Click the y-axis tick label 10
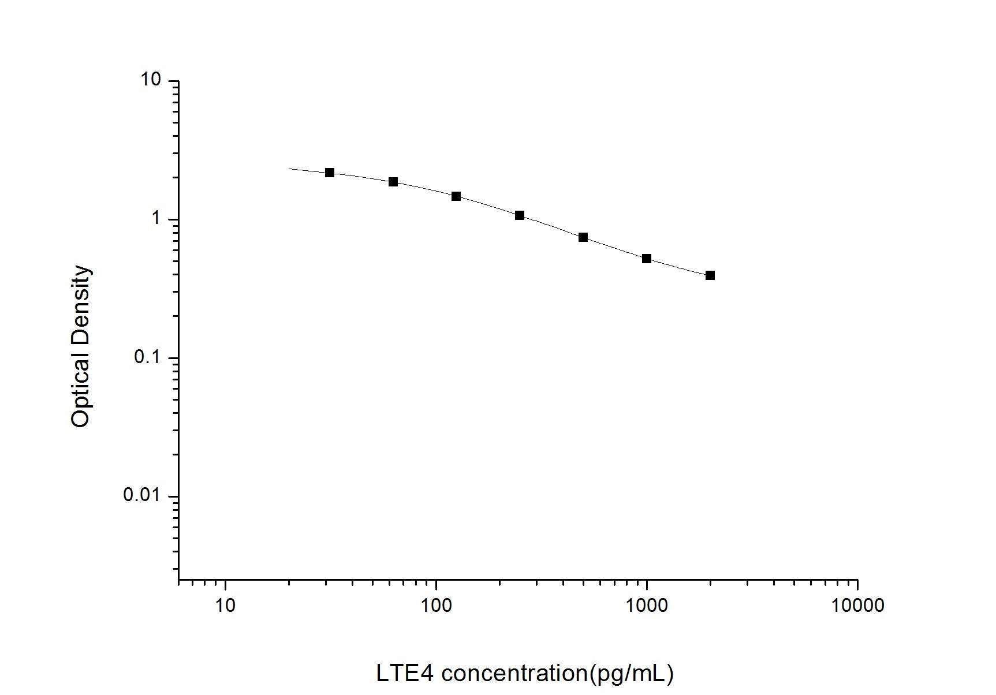pyautogui.click(x=151, y=80)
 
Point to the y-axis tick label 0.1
pyautogui.click(x=147, y=357)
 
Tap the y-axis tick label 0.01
pyautogui.click(x=141, y=495)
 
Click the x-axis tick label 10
pyautogui.click(x=225, y=605)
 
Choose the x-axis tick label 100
pyautogui.click(x=436, y=605)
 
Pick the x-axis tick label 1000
pyautogui.click(x=647, y=605)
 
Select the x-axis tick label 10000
pyautogui.click(x=857, y=605)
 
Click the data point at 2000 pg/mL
pyautogui.click(x=710, y=275)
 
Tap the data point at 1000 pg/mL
pyautogui.click(x=647, y=259)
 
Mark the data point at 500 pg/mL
pyautogui.click(x=583, y=237)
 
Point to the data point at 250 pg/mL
pyautogui.click(x=520, y=215)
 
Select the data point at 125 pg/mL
pyautogui.click(x=456, y=196)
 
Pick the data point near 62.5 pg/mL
pyautogui.click(x=393, y=182)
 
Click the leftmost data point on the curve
pyautogui.click(x=330, y=173)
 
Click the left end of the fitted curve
pyautogui.click(x=290, y=169)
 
